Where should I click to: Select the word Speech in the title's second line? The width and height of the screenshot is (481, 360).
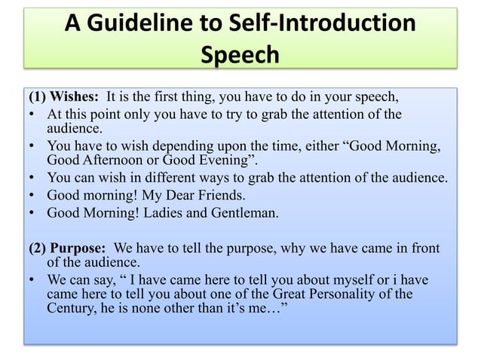[240, 56]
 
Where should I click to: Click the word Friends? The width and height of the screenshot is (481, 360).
[202, 196]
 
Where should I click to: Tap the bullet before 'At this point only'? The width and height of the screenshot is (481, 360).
[33, 116]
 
